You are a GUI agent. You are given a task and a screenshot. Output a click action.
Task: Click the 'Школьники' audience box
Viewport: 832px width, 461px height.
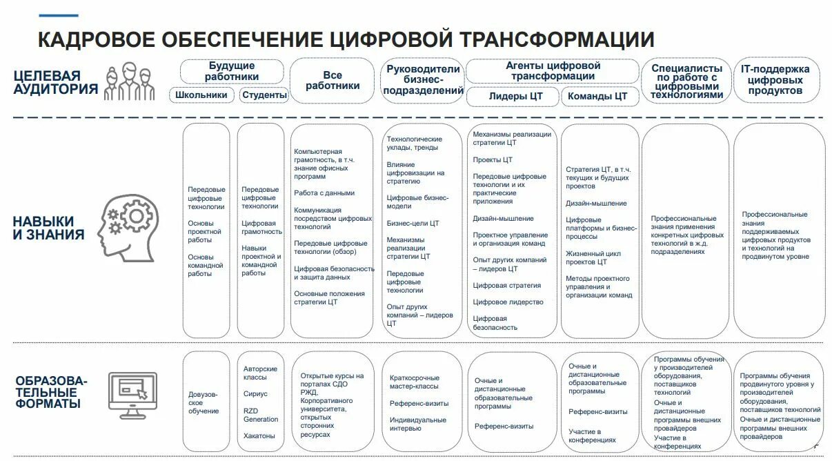[x=201, y=95]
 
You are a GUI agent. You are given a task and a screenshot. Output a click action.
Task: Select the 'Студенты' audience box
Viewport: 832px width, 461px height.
[x=264, y=95]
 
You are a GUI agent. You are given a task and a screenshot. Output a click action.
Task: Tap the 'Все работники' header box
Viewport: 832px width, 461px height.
[x=333, y=81]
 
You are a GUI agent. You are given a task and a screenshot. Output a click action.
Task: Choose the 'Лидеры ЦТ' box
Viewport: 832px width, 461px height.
[x=515, y=97]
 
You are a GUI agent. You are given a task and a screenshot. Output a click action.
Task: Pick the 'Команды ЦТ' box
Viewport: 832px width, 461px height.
[x=597, y=97]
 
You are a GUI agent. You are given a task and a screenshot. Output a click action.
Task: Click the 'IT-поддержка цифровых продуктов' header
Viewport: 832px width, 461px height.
[x=775, y=80]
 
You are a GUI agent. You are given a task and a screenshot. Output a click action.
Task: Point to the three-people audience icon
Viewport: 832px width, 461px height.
[x=129, y=81]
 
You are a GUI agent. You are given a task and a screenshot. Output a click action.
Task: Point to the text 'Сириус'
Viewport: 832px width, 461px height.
[x=255, y=394]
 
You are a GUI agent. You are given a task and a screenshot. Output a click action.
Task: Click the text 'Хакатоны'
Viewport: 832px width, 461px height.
[x=259, y=436]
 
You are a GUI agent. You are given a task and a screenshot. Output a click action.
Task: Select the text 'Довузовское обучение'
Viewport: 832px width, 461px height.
[x=204, y=402]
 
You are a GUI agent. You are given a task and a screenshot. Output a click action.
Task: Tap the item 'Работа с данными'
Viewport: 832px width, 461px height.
[x=324, y=193]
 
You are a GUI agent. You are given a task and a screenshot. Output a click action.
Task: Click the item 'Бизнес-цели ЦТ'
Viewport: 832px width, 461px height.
[x=413, y=224]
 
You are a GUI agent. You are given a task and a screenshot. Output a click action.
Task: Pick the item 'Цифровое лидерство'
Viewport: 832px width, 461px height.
[x=508, y=302]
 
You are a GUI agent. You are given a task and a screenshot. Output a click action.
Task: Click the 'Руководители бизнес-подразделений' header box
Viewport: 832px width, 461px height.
[x=422, y=80]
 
